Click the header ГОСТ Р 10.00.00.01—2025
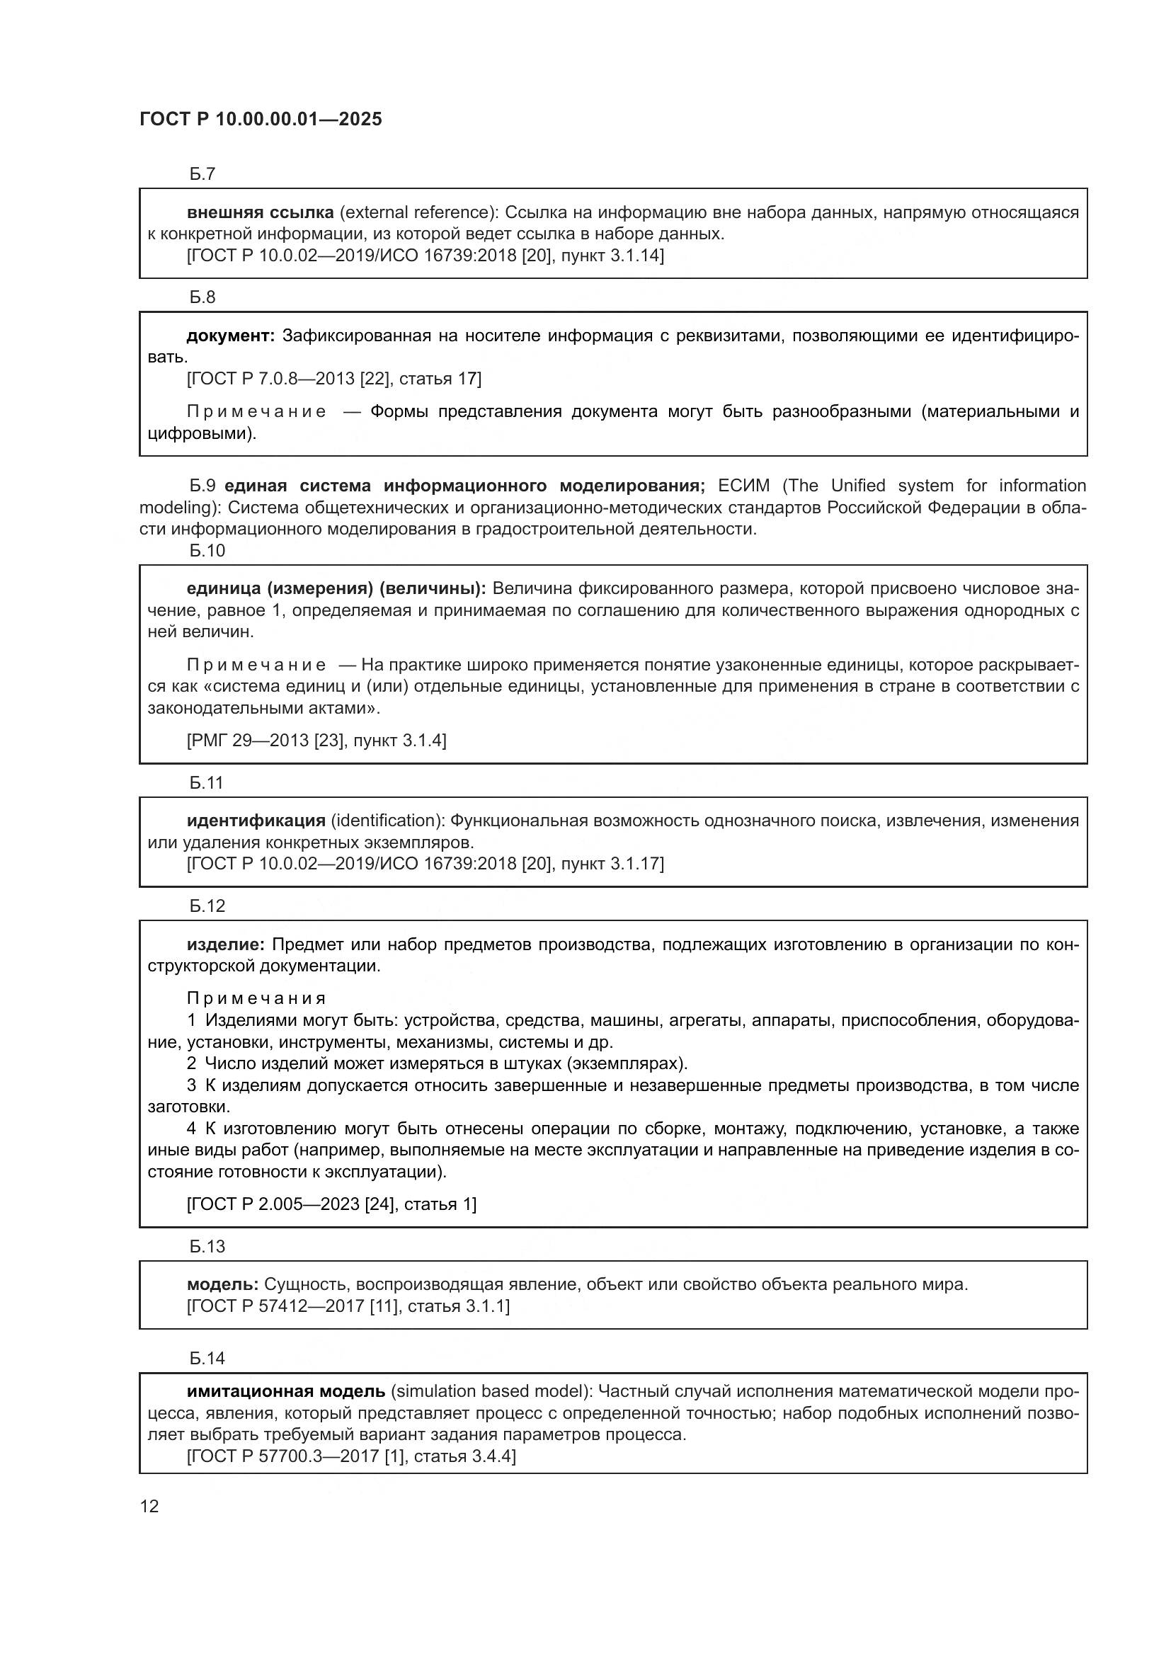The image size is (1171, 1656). coord(261,120)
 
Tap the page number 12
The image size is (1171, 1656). coord(149,1506)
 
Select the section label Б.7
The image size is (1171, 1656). coord(202,174)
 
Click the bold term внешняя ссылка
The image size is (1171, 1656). coord(260,212)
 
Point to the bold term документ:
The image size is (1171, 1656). coord(230,336)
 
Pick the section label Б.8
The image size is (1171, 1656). coord(202,297)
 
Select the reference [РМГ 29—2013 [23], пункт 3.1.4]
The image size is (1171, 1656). coord(316,740)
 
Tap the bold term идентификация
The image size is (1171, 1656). coord(256,820)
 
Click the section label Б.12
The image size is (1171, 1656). coord(207,906)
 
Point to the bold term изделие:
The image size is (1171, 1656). coord(226,944)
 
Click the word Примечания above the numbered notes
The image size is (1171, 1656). coord(256,998)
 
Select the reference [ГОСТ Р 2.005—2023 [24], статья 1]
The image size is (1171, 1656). coord(331,1204)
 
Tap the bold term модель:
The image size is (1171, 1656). coord(222,1284)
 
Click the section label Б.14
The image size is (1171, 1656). coord(207,1358)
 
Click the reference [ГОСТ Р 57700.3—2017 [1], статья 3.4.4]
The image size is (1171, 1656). coord(351,1456)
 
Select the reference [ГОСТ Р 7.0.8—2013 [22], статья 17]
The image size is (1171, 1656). coord(334,379)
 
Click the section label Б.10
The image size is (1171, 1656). coord(207,550)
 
